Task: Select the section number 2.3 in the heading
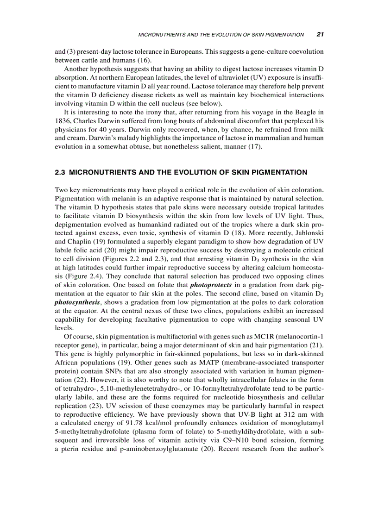(60, 173)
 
